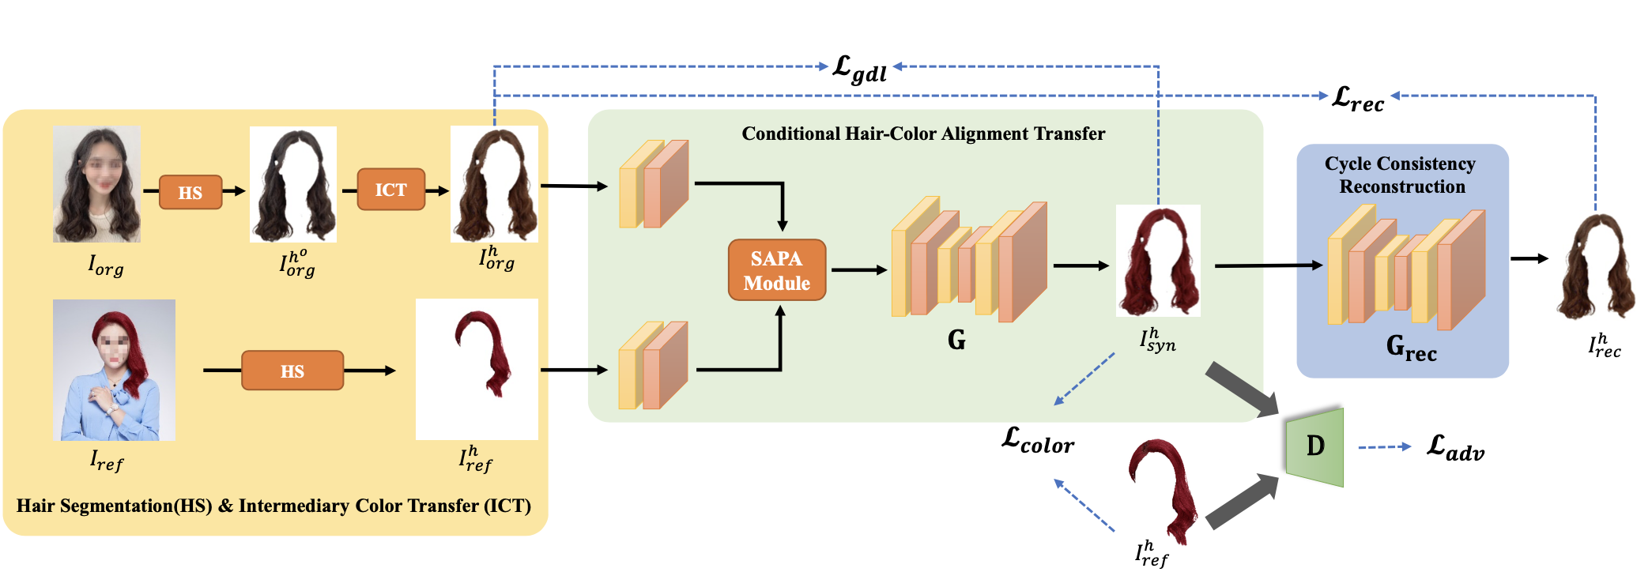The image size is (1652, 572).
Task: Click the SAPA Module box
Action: [777, 270]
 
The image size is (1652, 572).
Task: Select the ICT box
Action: [390, 190]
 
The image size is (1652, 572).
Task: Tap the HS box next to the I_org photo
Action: [190, 192]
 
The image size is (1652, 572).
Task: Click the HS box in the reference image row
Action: [292, 371]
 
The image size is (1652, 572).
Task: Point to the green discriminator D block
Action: [1314, 446]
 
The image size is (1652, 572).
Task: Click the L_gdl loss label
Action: [859, 69]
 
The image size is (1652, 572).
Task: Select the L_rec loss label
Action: [1358, 99]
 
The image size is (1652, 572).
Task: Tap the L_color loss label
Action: [1038, 440]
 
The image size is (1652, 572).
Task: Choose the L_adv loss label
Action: [1455, 448]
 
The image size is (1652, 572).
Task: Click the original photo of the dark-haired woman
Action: [96, 184]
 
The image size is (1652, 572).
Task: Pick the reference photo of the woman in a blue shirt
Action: [114, 370]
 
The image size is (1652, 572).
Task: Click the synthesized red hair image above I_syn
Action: [1158, 261]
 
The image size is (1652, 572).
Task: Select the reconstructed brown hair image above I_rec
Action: [1596, 266]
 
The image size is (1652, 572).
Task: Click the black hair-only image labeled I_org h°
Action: [293, 184]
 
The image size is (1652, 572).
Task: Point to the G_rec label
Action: [1412, 348]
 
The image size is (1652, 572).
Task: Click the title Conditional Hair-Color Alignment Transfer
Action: [923, 134]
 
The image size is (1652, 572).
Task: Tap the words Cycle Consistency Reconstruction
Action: [1401, 175]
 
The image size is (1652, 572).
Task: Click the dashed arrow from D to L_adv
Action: [1385, 447]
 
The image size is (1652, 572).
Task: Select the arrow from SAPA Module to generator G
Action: [859, 270]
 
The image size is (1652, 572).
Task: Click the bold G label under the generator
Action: [956, 340]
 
